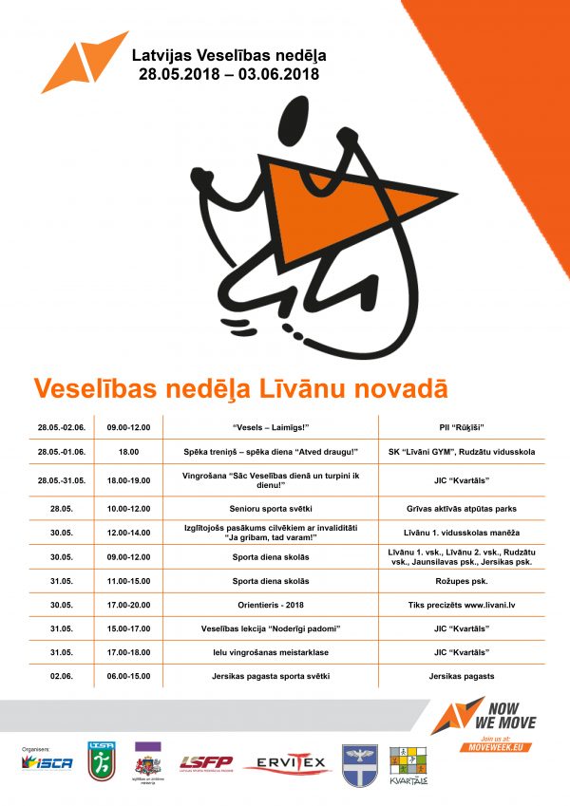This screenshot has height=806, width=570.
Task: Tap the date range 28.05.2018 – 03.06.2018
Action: [x=228, y=73]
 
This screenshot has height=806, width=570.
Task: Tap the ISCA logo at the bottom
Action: [x=47, y=763]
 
